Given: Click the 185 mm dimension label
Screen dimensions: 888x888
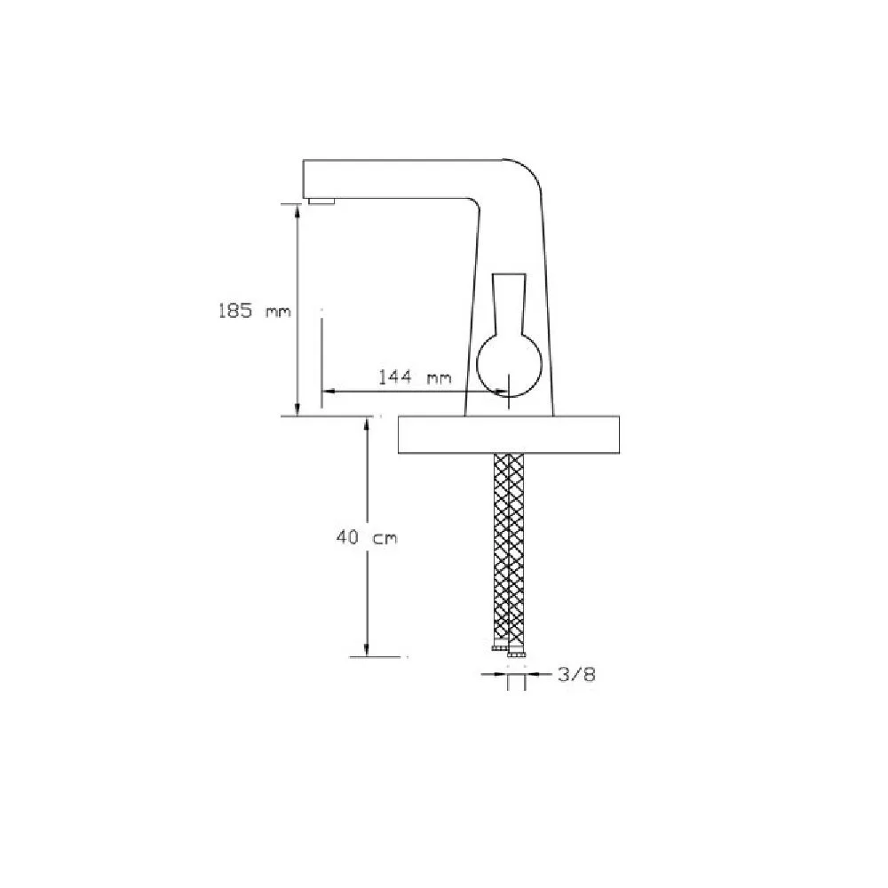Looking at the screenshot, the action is click(x=254, y=311).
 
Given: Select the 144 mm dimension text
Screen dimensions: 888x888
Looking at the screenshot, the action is click(x=415, y=377).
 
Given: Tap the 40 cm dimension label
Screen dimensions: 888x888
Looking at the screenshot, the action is click(x=367, y=537).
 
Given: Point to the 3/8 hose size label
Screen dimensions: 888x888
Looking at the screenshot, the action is click(x=576, y=675).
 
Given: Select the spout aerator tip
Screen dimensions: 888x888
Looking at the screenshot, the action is click(x=321, y=201).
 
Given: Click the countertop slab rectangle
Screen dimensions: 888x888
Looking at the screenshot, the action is click(x=509, y=434).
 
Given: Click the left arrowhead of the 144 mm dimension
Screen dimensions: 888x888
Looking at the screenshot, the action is click(x=329, y=391).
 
